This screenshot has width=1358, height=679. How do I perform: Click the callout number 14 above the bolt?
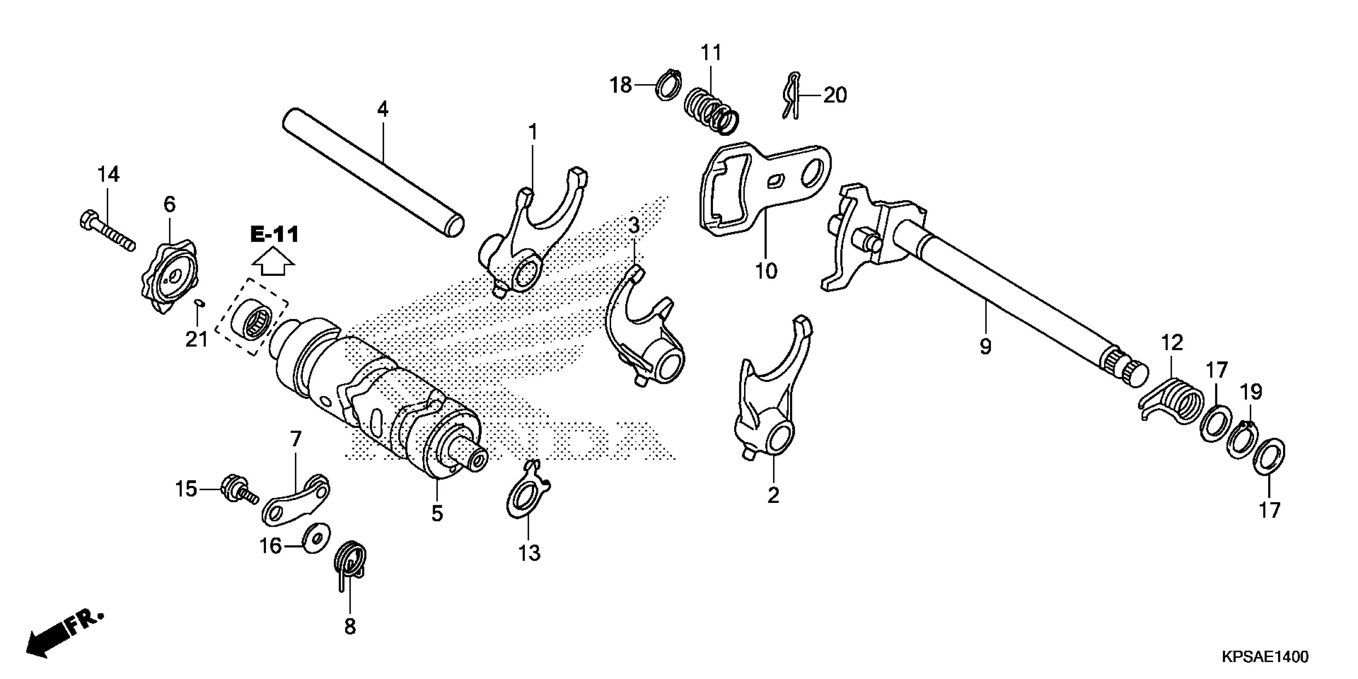[108, 175]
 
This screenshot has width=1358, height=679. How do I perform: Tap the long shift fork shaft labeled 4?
[372, 171]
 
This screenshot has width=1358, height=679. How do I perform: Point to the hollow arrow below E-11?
[274, 262]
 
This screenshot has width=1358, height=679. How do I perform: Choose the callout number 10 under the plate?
[766, 272]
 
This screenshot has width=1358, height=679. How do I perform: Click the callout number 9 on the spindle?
[985, 347]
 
